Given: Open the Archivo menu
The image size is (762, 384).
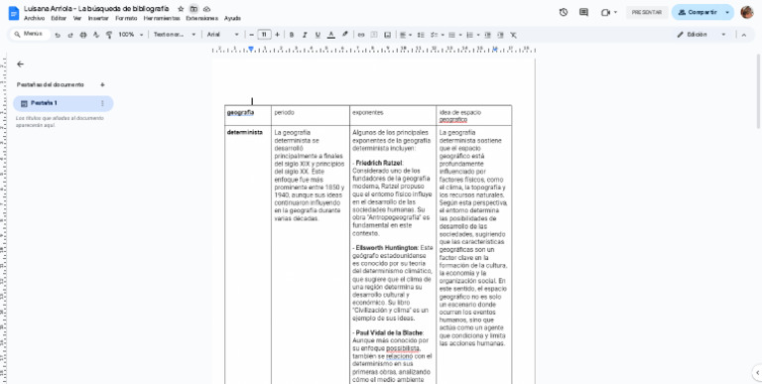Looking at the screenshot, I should [34, 18].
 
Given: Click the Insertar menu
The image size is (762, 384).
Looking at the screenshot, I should [98, 18].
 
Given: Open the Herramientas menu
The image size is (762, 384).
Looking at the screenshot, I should [162, 18].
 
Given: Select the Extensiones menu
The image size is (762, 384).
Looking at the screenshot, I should [202, 18].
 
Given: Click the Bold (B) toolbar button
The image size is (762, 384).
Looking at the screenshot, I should [291, 34].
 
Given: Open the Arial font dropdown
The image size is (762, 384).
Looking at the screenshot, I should [222, 34].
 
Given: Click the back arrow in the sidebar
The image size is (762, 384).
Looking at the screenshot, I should [20, 64].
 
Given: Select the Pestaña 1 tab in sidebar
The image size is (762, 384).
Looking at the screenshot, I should [45, 103].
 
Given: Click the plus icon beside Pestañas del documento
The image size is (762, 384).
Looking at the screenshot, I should [102, 84].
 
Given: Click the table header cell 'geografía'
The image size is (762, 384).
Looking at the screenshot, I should [240, 112].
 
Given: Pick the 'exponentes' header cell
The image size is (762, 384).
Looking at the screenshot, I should [367, 112].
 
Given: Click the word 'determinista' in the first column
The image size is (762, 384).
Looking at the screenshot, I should [244, 132].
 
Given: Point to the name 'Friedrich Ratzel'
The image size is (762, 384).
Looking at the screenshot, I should [379, 162].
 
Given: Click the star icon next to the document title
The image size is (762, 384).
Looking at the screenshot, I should [181, 8].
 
